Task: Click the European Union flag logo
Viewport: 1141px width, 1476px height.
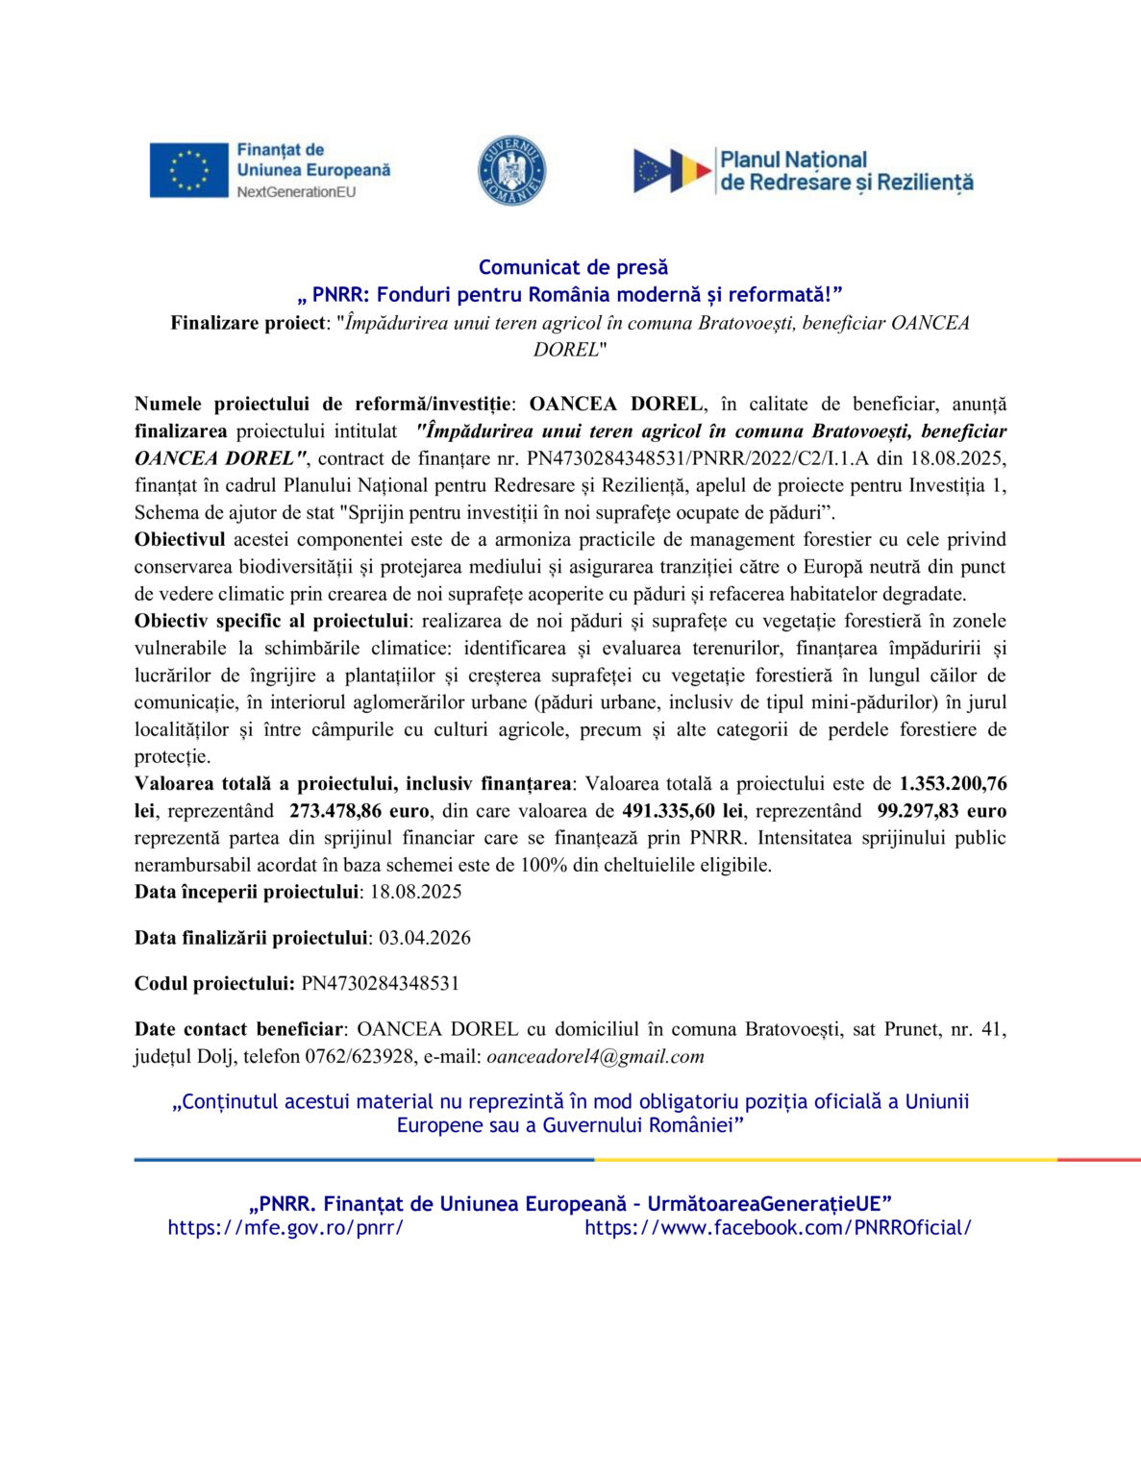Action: [x=188, y=170]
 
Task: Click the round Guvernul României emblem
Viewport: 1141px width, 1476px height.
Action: [x=512, y=170]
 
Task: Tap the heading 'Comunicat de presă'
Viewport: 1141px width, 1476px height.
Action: [x=573, y=267]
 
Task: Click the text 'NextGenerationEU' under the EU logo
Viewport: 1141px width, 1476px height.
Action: [x=296, y=192]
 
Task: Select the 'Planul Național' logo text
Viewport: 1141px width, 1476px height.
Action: [x=793, y=160]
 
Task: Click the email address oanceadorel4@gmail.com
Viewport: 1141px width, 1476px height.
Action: [x=595, y=1057]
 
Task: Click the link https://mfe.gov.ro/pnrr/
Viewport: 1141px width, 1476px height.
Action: [x=285, y=1227]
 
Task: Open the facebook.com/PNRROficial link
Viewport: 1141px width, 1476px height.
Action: [x=778, y=1227]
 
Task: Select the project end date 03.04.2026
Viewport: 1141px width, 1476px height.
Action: [x=425, y=938]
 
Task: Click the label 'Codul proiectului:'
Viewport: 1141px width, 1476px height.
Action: [x=214, y=984]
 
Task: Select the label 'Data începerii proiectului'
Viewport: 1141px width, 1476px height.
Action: [x=246, y=892]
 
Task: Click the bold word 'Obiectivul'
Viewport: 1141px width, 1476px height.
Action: [x=180, y=540]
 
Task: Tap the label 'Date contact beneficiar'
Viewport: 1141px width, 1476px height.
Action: [x=238, y=1030]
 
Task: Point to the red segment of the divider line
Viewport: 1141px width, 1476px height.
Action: [x=1099, y=1160]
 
